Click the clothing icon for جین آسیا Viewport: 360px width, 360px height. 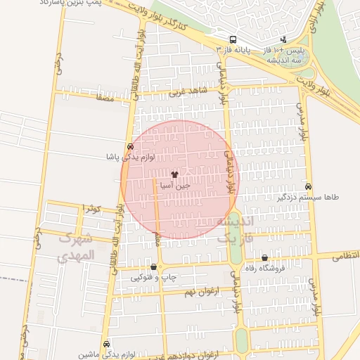pyautogui.click(x=174, y=174)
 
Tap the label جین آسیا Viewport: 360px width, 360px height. pyautogui.click(x=174, y=186)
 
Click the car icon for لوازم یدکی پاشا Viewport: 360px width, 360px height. pyautogui.click(x=130, y=146)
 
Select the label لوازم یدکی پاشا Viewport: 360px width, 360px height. pyautogui.click(x=130, y=157)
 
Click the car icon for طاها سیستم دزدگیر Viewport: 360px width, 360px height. pyautogui.click(x=309, y=186)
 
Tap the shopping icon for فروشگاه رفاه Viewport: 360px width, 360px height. pyautogui.click(x=264, y=258)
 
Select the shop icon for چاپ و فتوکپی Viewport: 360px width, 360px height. pyautogui.click(x=153, y=267)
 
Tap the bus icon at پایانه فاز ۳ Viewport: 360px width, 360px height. pyautogui.click(x=233, y=39)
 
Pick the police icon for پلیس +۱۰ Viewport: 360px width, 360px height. pyautogui.click(x=283, y=40)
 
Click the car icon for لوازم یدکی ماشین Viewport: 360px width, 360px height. pyautogui.click(x=106, y=345)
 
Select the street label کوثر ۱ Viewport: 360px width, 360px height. pyautogui.click(x=91, y=209)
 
